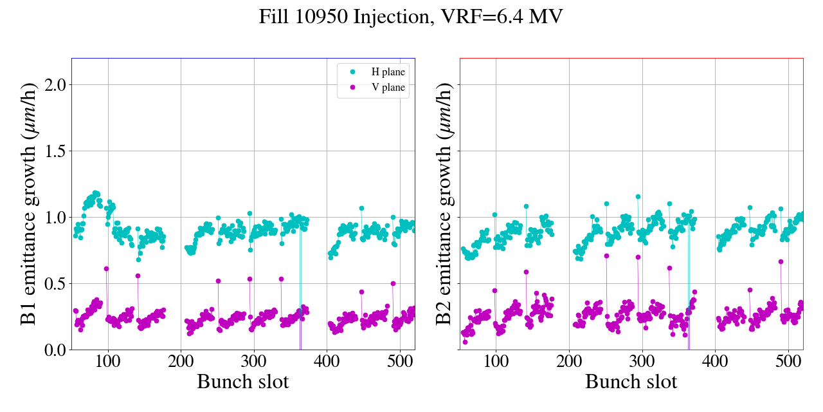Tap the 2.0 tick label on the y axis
click(x=51, y=84)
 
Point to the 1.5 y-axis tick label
click(x=51, y=151)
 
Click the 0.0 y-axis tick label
click(x=51, y=350)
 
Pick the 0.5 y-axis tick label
click(x=51, y=283)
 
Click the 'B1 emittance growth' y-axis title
click(x=28, y=203)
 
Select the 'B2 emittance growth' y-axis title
click(x=444, y=203)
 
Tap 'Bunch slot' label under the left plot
click(x=242, y=382)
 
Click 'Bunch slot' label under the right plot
click(x=631, y=382)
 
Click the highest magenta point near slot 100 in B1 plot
click(x=106, y=268)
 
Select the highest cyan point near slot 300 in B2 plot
click(x=638, y=197)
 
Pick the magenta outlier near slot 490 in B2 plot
click(x=781, y=261)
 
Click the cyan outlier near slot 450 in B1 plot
click(x=361, y=209)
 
